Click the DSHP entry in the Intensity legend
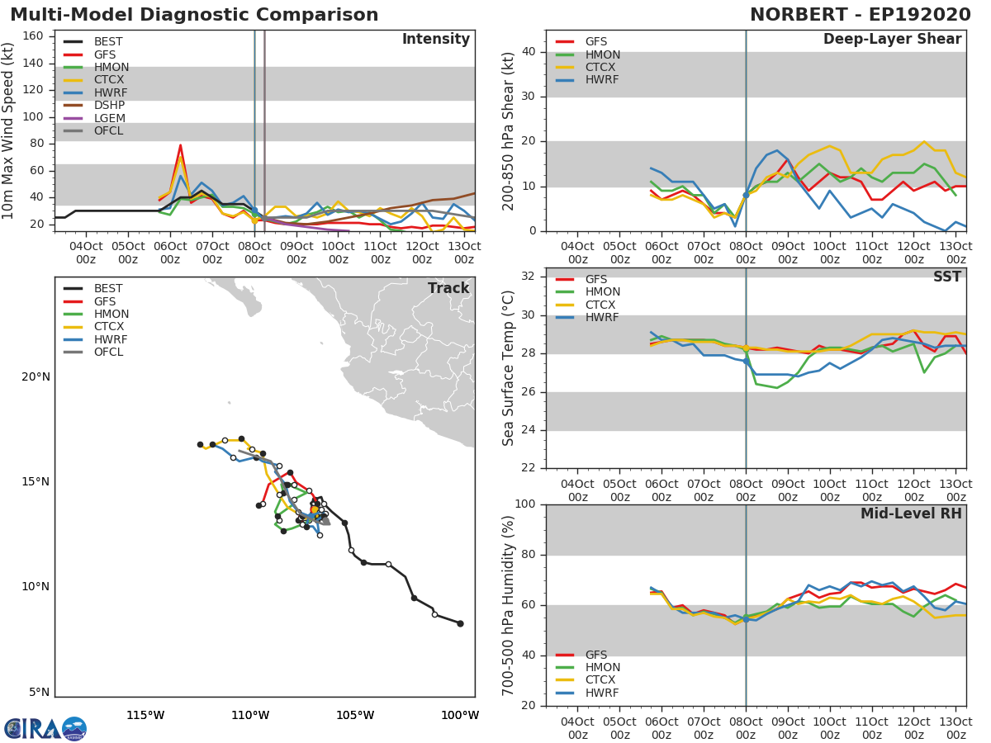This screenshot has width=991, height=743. pyautogui.click(x=109, y=106)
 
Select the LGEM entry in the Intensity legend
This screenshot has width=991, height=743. pyautogui.click(x=110, y=118)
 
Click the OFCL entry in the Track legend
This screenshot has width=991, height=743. pyautogui.click(x=109, y=353)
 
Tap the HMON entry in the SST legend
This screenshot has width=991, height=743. pyautogui.click(x=602, y=292)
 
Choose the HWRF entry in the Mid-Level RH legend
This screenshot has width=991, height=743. pyautogui.click(x=601, y=693)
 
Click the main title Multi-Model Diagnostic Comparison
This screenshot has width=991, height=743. pyautogui.click(x=194, y=15)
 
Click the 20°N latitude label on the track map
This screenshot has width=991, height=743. pyautogui.click(x=35, y=377)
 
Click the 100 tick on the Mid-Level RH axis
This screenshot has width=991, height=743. pyautogui.click(x=524, y=504)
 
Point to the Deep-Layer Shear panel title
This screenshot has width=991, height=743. pyautogui.click(x=892, y=40)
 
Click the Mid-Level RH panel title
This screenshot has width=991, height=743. pyautogui.click(x=911, y=513)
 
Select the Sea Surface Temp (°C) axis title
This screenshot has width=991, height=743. pyautogui.click(x=509, y=368)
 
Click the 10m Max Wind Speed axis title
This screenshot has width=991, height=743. pyautogui.click(x=9, y=132)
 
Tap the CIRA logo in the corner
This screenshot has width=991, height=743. pyautogui.click(x=45, y=729)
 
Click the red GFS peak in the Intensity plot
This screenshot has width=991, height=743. pyautogui.click(x=180, y=145)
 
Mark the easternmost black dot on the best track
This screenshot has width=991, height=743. pyautogui.click(x=460, y=623)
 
